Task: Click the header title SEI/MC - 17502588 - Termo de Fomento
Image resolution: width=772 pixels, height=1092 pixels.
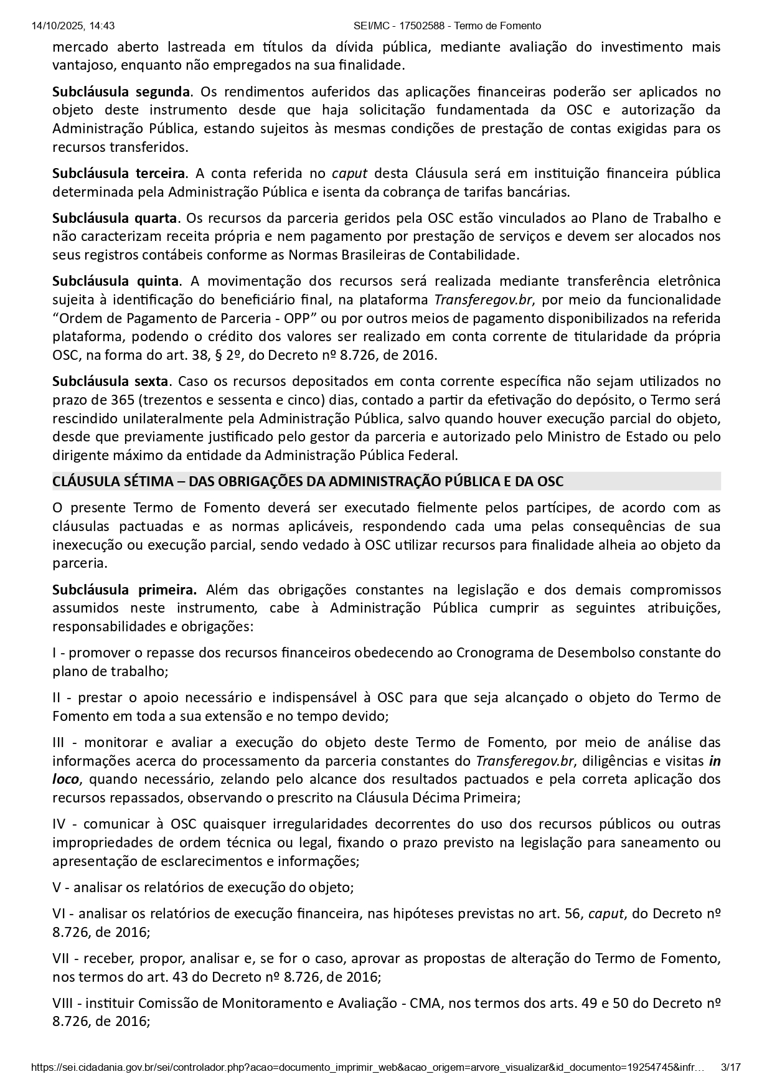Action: [x=447, y=26]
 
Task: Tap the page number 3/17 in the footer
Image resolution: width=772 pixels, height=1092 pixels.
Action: [x=730, y=1068]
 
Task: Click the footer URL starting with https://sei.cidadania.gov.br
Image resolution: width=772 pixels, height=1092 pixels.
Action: [x=367, y=1068]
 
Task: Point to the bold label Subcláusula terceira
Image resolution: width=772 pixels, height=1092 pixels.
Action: [x=118, y=173]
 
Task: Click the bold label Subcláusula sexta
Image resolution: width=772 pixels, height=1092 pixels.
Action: [x=110, y=381]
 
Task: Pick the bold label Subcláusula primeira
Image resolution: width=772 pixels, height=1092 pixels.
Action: [x=125, y=590]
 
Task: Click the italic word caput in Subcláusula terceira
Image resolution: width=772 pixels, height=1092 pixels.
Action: [x=349, y=173]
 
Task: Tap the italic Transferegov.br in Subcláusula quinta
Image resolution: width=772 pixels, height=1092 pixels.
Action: [x=483, y=299]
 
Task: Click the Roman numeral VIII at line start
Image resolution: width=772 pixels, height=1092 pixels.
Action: [x=64, y=1003]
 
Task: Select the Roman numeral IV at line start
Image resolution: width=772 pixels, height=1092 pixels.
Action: [x=59, y=824]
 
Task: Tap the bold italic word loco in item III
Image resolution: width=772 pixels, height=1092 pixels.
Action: [x=65, y=779]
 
